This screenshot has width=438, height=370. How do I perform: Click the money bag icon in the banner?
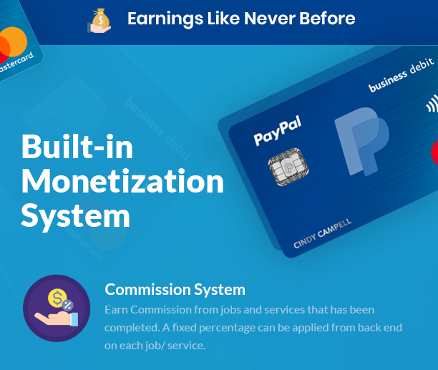99,21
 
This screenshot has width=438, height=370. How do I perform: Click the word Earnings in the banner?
165,19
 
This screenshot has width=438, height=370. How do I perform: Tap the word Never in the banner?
270,19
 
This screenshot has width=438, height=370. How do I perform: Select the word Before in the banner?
327,19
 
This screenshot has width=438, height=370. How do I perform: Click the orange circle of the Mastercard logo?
15,41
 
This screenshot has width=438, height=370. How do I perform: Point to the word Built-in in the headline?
77,147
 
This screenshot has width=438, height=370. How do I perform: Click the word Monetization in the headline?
122,181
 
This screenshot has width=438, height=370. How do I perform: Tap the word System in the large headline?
75,216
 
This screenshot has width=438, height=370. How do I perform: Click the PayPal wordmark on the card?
278,131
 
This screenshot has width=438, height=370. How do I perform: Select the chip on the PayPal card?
288,167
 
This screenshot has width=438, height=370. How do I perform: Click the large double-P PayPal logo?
362,141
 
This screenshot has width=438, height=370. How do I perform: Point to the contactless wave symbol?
432,104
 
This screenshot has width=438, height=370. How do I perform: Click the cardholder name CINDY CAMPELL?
322,233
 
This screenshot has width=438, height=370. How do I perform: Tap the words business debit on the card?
401,75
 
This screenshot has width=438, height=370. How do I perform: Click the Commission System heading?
175,290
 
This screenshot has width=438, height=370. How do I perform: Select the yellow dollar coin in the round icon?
57,298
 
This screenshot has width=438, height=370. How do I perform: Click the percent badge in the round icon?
67,305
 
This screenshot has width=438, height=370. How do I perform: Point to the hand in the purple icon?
56,318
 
